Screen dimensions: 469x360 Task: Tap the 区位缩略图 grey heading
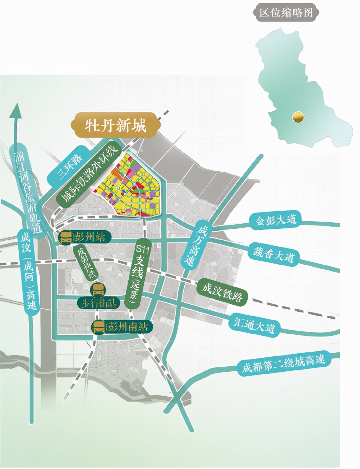pos(286,13)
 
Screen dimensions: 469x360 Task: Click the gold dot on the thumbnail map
pos(297,117)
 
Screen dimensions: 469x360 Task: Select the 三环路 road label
pos(70,167)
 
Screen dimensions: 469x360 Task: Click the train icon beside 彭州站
pos(66,237)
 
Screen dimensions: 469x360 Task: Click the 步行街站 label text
pos(98,303)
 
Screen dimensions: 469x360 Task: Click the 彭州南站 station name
pos(128,327)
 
